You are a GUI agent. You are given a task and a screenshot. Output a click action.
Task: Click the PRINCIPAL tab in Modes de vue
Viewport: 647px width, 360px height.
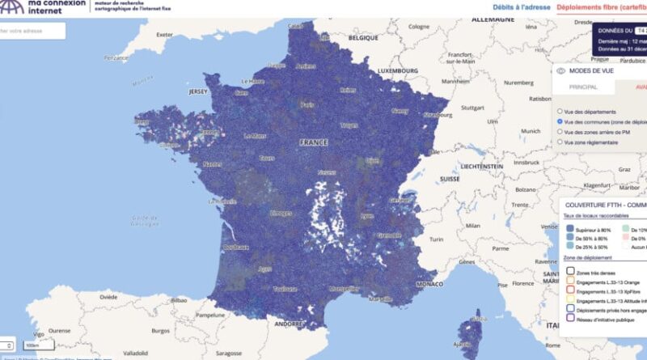583,87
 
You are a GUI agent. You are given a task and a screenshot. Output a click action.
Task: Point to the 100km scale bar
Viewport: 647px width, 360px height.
33,346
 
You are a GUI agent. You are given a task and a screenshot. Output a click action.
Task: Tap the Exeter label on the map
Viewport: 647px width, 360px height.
165,35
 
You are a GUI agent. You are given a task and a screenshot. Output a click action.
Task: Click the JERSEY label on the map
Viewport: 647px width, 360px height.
199,92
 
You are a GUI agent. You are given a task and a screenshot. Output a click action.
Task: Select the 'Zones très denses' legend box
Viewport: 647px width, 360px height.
570,273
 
